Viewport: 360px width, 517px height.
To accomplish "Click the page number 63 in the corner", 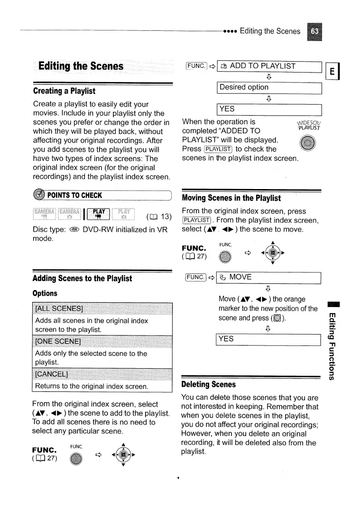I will [x=314, y=31].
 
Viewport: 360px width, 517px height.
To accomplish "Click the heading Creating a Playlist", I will [x=64, y=91].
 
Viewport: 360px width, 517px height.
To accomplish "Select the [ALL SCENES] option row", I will [x=102, y=310].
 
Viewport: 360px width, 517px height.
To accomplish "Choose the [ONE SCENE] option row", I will [x=102, y=342].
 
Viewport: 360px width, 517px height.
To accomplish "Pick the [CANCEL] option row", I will [x=102, y=374].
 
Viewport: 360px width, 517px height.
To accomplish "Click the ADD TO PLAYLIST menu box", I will [x=269, y=66].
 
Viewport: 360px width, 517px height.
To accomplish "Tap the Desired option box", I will [x=269, y=87].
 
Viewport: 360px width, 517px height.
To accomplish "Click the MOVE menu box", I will [x=269, y=277].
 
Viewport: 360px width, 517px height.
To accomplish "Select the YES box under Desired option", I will [x=269, y=109].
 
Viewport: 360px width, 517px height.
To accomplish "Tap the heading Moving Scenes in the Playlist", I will [x=231, y=198].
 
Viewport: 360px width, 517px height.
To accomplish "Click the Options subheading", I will [x=45, y=293].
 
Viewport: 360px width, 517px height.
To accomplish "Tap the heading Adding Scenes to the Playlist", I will [x=82, y=278].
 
